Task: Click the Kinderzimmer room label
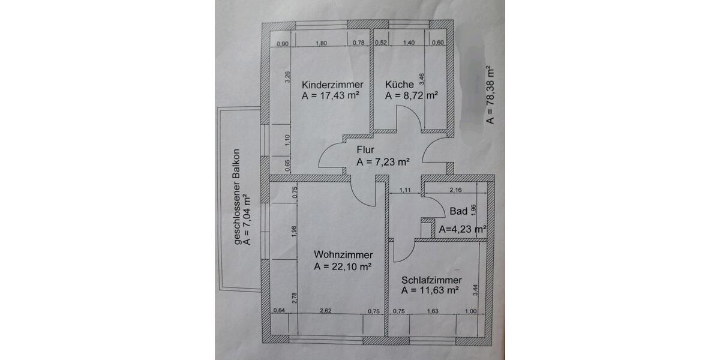[333, 85]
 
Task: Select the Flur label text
[365, 150]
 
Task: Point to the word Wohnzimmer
[343, 255]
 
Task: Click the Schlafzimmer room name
[431, 280]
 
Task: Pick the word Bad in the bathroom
[458, 211]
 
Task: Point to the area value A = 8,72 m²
[412, 95]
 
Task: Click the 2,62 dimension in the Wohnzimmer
[326, 311]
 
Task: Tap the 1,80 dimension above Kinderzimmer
[321, 43]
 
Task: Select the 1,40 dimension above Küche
[409, 43]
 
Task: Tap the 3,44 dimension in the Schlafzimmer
[475, 290]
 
